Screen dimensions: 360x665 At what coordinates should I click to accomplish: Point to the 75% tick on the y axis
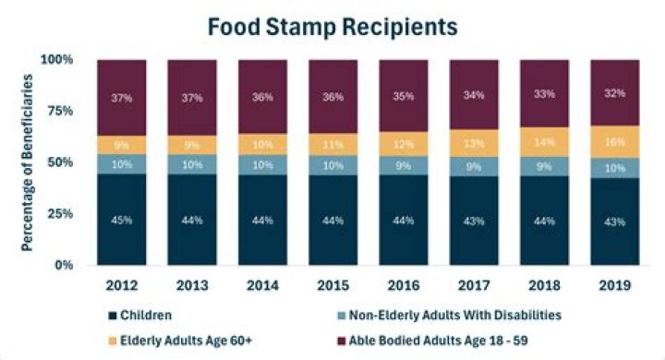(x=63, y=111)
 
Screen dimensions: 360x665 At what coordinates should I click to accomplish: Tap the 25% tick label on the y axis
(x=63, y=214)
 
